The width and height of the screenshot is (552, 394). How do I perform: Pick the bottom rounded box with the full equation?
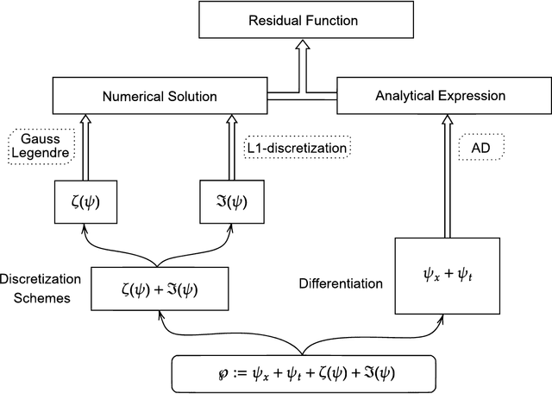[x=301, y=373]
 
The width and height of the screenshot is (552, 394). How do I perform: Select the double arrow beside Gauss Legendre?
[x=84, y=147]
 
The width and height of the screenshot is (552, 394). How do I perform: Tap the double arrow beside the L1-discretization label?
[x=230, y=147]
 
